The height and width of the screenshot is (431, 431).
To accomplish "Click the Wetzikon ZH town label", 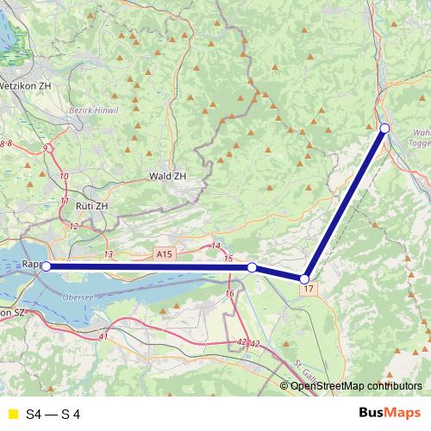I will (x=25, y=86).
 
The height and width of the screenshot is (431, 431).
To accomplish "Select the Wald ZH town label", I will (x=167, y=176).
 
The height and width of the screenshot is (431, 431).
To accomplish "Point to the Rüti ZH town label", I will (x=92, y=207).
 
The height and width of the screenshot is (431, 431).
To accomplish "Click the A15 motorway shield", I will (x=165, y=253).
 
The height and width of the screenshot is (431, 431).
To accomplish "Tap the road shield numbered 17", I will (x=308, y=289).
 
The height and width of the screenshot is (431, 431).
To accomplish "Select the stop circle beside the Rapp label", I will (x=46, y=267).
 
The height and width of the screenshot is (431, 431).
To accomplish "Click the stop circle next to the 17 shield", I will (x=304, y=278).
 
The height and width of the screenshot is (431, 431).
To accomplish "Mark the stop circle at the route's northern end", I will (x=384, y=128).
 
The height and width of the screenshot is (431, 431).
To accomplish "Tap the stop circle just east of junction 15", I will (x=252, y=268).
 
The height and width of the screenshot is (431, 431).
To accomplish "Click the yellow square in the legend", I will (x=11, y=414).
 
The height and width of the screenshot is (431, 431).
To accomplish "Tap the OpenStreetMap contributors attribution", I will (x=352, y=385).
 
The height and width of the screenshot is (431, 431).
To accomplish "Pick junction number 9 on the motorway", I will (x=45, y=148).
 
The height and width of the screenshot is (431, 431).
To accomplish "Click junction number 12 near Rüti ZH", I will (x=73, y=226).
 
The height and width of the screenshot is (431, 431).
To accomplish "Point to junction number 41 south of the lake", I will (x=104, y=335).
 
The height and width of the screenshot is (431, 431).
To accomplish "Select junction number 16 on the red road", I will (x=229, y=294).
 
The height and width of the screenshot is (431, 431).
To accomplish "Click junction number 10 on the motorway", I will (x=65, y=177).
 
